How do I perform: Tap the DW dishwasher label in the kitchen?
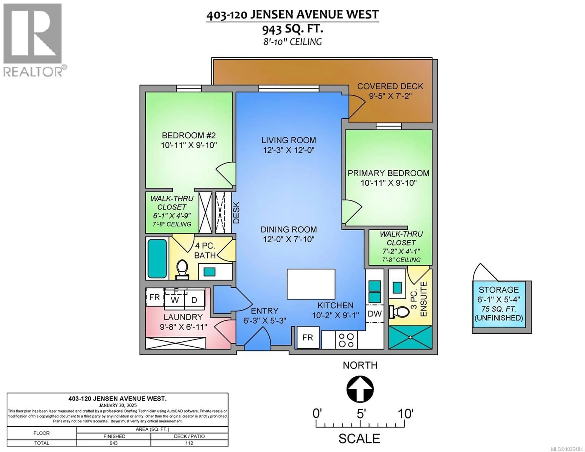click(374, 314)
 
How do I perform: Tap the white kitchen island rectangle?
click(311, 284)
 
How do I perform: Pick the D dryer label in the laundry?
click(194, 300)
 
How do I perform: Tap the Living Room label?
click(289, 140)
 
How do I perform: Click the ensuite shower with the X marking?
click(410, 337)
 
